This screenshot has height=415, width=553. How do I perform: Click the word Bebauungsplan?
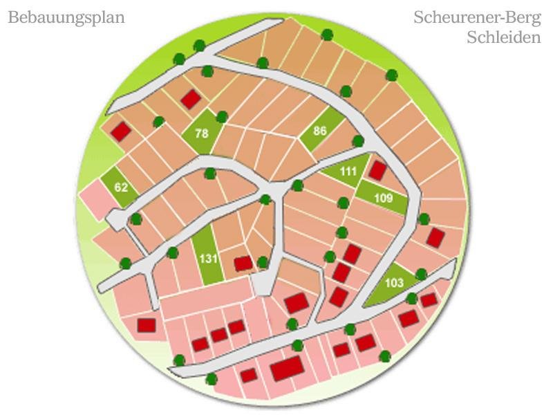coord(66,18)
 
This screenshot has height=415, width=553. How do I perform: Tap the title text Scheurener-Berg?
coord(477,17)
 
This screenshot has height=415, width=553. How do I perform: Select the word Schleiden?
coord(503,37)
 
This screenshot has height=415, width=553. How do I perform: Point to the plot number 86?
coord(319,130)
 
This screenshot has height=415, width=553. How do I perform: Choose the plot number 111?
coord(347,172)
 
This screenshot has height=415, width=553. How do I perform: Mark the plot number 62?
coord(122,187)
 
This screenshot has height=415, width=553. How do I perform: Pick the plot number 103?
coord(393,283)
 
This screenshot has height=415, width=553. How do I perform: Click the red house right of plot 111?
coord(377,169)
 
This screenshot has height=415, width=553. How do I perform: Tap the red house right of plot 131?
coord(243,263)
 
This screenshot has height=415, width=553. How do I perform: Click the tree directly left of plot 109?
coord(343,202)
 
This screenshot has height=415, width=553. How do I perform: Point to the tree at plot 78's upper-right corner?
coord(221,117)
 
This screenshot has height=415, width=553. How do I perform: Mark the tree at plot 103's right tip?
coord(421,275)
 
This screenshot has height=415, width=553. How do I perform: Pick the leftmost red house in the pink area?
coord(147,324)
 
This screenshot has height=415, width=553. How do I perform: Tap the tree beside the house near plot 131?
coord(263,261)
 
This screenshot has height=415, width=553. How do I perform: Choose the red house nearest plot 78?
coord(190,100)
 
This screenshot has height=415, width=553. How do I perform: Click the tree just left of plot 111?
coord(298,185)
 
